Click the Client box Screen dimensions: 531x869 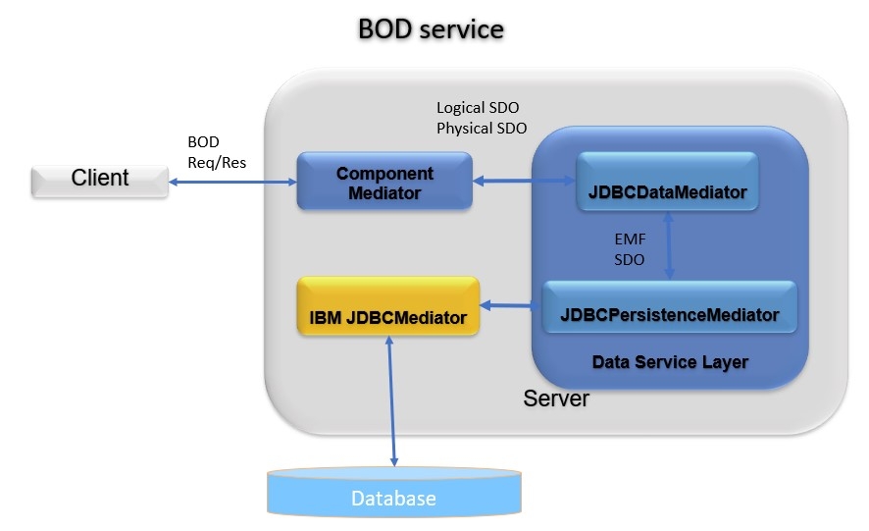tap(99, 179)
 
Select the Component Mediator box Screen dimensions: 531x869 tap(384, 183)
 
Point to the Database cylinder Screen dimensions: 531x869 tap(393, 494)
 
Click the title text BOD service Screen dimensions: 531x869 tap(431, 29)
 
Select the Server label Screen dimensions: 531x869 tap(556, 398)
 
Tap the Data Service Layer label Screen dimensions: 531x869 tap(670, 362)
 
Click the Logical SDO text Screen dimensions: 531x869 tap(477, 108)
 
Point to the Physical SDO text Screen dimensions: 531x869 tap(481, 128)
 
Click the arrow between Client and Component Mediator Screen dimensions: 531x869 tap(232, 182)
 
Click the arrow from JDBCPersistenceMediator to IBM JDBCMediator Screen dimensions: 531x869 tap(511, 306)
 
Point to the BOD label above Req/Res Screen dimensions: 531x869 tap(203, 142)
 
